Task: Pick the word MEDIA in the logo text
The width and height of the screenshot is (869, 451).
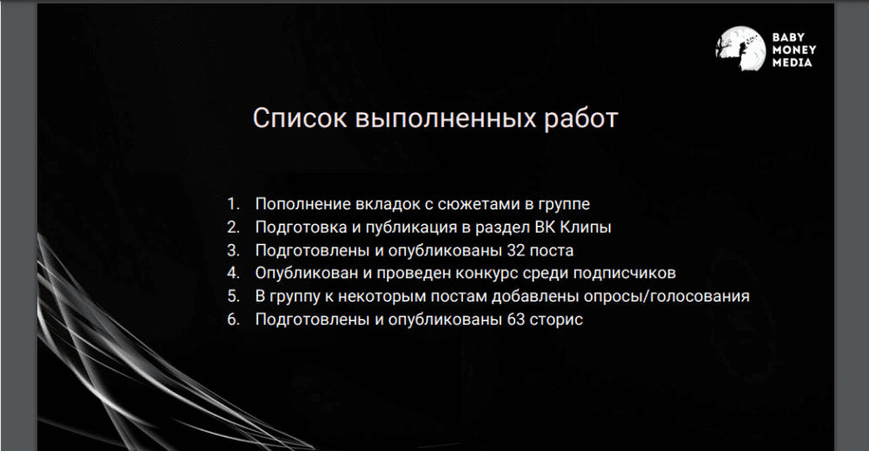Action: (792, 63)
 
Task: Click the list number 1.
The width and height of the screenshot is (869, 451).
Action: (232, 205)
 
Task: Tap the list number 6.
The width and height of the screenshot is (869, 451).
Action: (232, 320)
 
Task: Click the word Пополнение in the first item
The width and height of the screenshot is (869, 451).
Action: (299, 205)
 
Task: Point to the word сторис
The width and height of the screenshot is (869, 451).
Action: (557, 320)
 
